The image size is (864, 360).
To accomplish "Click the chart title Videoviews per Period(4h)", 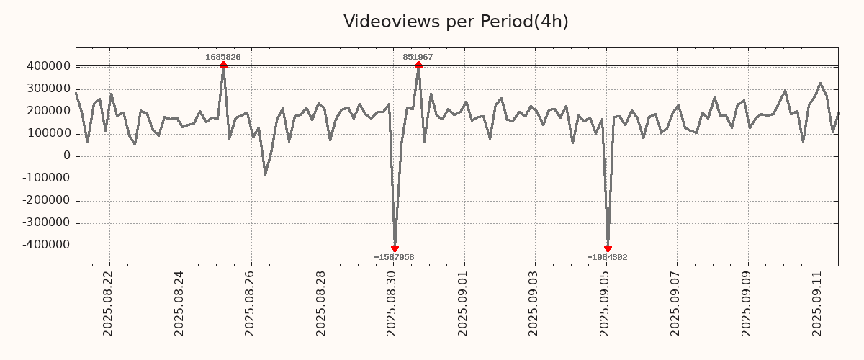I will (x=456, y=22).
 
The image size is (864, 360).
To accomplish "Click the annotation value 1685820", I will (x=223, y=57).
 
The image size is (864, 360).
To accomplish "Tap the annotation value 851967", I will (x=418, y=57).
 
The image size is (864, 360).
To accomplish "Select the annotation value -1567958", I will (x=394, y=257).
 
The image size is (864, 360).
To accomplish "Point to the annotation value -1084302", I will (x=607, y=257).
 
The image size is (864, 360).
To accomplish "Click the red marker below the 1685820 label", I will (x=223, y=66).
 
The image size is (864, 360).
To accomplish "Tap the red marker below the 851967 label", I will (x=418, y=66).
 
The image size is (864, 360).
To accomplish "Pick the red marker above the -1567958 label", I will (x=395, y=248).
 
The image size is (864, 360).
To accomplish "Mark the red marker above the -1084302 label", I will (x=608, y=248).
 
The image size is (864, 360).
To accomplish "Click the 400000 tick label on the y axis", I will (x=48, y=66).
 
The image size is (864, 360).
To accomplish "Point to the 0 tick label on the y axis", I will (x=66, y=156).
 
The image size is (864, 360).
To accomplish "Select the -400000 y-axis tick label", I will (x=45, y=245).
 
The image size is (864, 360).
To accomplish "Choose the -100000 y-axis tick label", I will (x=45, y=178).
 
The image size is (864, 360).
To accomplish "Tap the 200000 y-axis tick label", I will (x=48, y=111).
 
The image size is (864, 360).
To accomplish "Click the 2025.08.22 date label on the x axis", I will (x=109, y=303).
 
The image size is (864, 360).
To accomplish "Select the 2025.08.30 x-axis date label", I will (x=392, y=303).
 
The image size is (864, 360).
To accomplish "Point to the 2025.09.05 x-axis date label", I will (x=606, y=303).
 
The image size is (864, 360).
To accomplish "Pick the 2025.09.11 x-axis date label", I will (x=818, y=303).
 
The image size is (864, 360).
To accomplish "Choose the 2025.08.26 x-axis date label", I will (x=251, y=303).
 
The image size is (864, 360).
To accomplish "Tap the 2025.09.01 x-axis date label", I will (x=464, y=303).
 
